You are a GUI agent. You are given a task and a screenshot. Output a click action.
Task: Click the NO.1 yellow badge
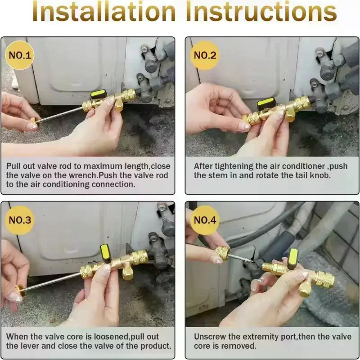19,55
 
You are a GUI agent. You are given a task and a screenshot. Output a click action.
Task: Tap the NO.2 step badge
205,55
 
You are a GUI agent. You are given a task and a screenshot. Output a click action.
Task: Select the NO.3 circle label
19,220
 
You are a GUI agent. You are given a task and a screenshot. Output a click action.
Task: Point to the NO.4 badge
205,220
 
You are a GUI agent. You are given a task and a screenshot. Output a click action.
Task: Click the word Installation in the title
104,12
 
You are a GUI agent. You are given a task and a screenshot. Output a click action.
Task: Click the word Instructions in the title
261,12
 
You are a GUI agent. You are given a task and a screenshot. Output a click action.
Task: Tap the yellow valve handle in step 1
99,94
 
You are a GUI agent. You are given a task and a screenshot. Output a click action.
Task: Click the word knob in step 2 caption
320,175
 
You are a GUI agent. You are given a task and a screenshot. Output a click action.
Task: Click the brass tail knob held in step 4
222,253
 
